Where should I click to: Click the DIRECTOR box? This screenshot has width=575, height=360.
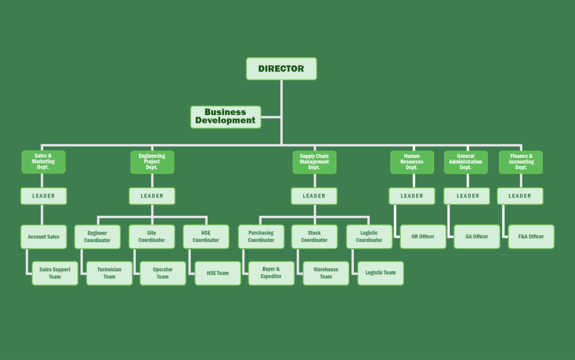(x=281, y=69)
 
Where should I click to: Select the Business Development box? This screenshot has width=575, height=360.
(x=225, y=117)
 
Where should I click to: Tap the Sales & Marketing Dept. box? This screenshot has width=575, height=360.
(x=43, y=162)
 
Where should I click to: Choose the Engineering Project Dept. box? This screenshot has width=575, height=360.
(x=152, y=162)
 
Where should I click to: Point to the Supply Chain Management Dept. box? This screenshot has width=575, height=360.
(x=314, y=162)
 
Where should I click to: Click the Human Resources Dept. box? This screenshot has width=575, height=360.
(x=412, y=162)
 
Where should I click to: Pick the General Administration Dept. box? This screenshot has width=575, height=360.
(x=466, y=162)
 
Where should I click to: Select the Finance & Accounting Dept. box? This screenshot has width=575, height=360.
(x=521, y=162)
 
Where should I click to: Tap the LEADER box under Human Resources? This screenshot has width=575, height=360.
(x=412, y=196)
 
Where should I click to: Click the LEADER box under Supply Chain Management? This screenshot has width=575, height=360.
(x=314, y=196)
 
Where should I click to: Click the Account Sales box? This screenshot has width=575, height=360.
(x=44, y=237)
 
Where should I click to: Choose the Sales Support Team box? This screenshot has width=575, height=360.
(x=55, y=273)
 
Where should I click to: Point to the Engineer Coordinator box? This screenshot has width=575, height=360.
(x=98, y=237)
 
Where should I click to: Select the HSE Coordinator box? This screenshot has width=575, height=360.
(x=206, y=237)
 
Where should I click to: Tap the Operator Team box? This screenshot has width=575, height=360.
(x=163, y=273)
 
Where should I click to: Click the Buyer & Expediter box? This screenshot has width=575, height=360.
(x=271, y=273)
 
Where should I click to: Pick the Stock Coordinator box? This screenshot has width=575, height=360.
(x=314, y=237)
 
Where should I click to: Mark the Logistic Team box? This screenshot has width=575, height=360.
(x=381, y=273)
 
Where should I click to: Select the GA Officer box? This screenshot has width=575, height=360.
(x=477, y=237)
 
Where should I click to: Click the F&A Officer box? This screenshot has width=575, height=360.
(x=531, y=237)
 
